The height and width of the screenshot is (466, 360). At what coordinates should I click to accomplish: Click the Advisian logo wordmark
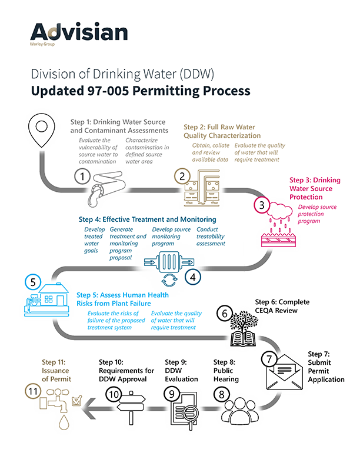coord(78,32)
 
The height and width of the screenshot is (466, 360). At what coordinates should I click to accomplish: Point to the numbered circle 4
coord(194,275)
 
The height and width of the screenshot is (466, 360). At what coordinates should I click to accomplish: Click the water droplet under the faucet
coord(63,424)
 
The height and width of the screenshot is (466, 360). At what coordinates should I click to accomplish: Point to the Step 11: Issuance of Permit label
coord(55,371)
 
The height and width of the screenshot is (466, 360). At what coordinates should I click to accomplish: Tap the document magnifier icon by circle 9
coord(182,409)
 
